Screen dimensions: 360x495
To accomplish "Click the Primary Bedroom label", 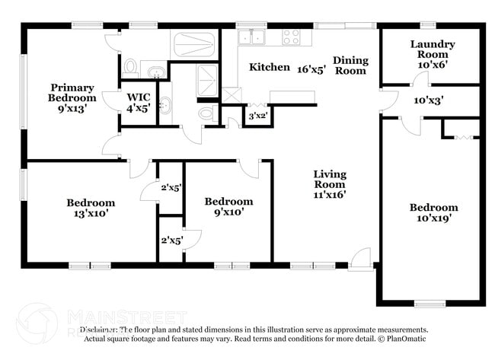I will pos(73,97).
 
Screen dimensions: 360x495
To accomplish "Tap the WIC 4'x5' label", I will pos(139,102).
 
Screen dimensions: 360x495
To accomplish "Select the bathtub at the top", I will pos(194,45).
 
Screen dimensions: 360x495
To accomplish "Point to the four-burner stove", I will pos(292,36).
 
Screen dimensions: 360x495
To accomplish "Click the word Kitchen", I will pos(270,67).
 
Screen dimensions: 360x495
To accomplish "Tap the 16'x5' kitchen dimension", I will pos(311,68).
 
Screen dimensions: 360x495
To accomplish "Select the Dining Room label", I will pos(350,65).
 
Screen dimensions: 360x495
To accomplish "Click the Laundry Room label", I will pos(432,49).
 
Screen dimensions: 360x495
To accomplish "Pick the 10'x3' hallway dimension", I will pos(429,100).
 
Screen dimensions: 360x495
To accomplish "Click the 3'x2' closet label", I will pos(258,116).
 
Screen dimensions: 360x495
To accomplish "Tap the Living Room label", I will pos(330,183).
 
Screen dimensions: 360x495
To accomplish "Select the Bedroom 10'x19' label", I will pos(433,212).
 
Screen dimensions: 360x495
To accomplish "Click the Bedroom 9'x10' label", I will pos(228,206).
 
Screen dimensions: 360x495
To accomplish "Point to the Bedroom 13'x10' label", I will pos(91,208).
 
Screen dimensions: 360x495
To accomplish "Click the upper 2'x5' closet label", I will pos(170,186).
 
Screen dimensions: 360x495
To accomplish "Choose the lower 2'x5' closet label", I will pos(170,241).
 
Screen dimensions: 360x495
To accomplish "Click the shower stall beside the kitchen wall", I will pos(206,78).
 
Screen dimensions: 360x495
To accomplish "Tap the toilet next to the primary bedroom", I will pos(129,68).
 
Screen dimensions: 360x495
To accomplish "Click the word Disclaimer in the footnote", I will pos(101,330).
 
